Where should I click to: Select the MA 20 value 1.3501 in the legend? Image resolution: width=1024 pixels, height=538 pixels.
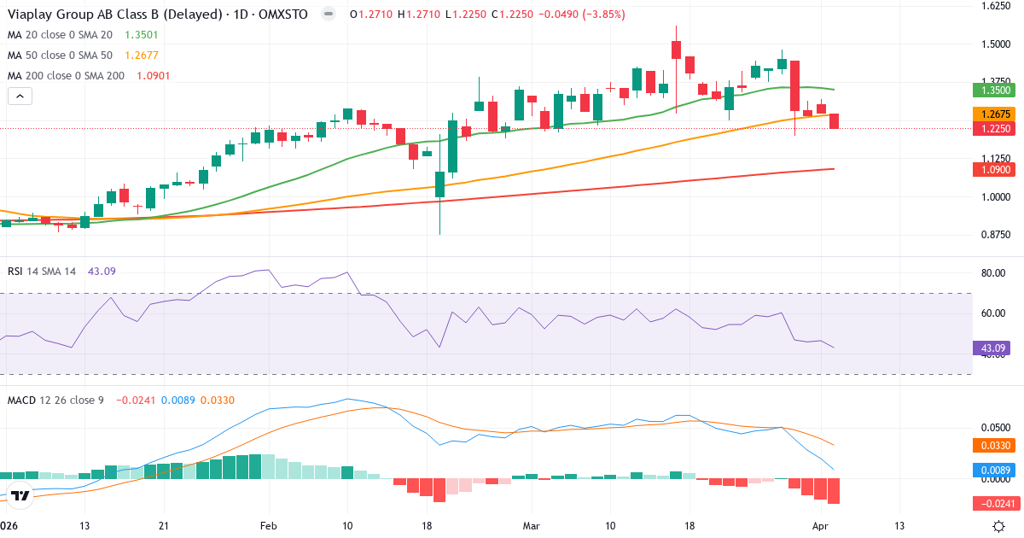143,35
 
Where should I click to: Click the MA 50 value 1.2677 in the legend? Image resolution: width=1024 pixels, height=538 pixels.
143,56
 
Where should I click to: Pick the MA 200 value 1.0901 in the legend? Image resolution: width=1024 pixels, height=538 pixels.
154,76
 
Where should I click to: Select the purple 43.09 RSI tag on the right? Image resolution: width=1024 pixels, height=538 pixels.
990,348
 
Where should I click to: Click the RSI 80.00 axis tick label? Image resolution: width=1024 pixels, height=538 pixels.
993,274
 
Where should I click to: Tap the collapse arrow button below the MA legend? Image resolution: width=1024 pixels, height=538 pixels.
20,96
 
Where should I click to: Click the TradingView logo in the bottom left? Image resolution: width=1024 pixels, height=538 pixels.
20,494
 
